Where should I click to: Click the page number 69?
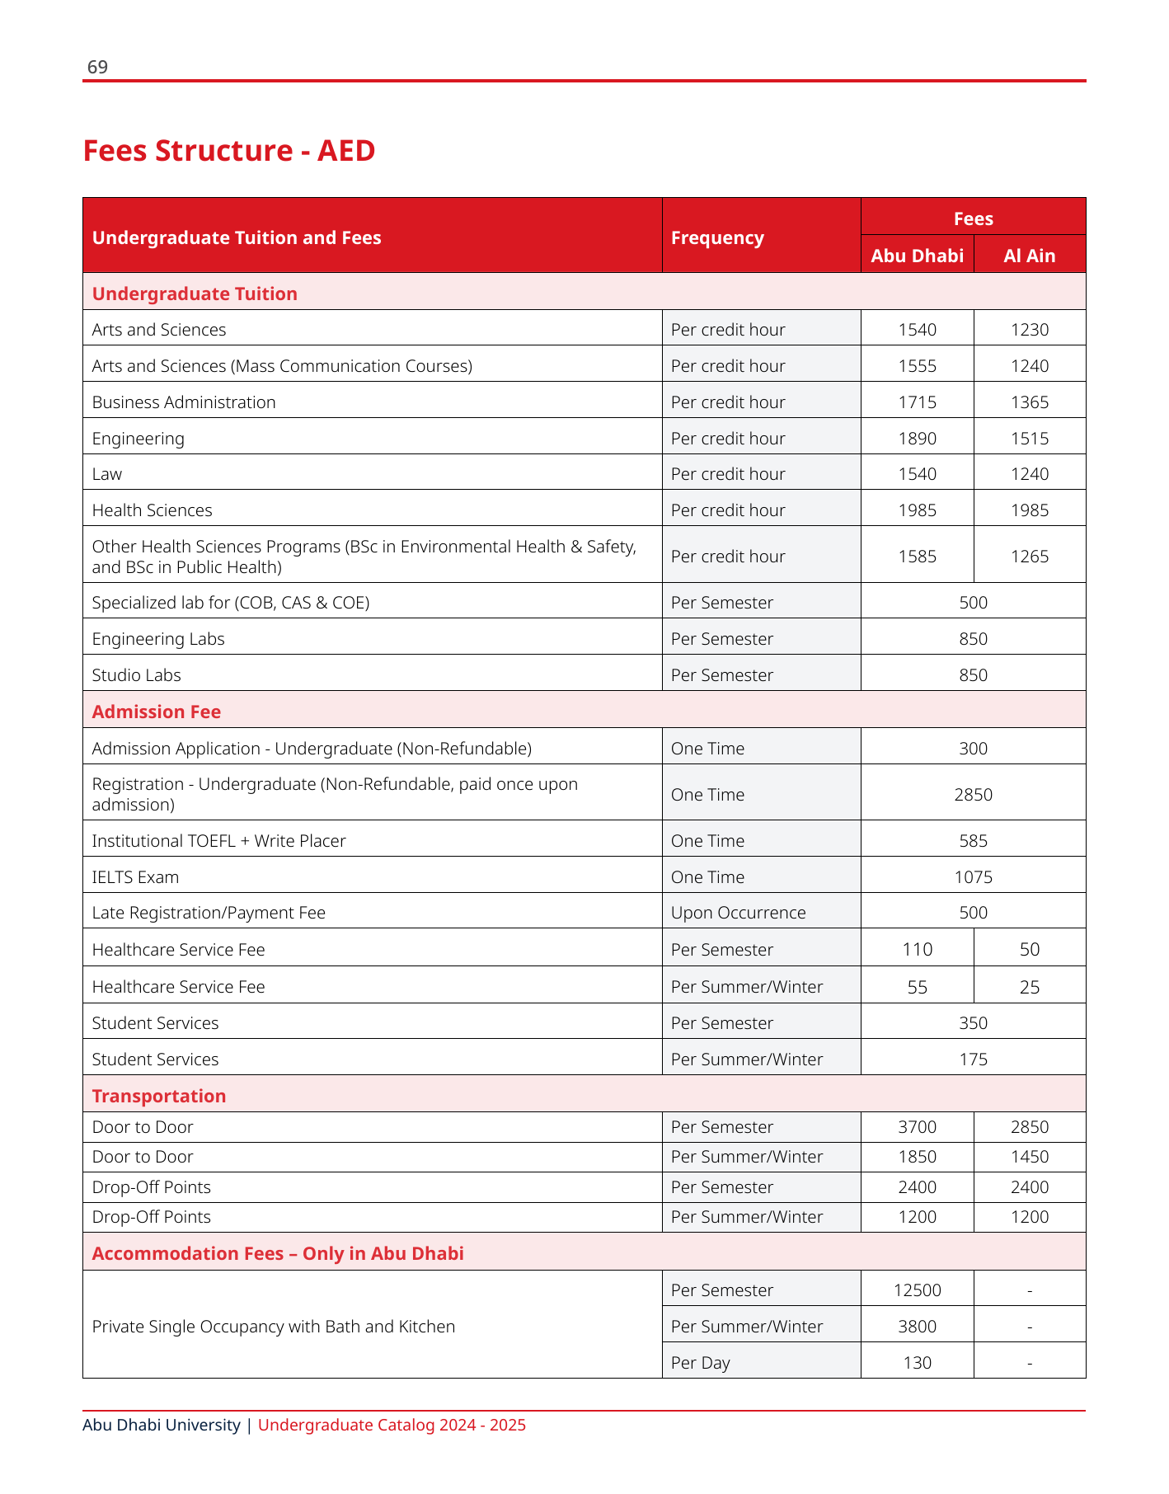tap(97, 67)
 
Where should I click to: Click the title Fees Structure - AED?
tap(229, 151)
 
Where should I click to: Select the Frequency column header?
tap(717, 237)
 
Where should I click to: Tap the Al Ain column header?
tap(1029, 256)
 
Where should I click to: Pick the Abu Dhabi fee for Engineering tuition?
tap(917, 439)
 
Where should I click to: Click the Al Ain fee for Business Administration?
tap(1029, 402)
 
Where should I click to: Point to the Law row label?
tap(107, 474)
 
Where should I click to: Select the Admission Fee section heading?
tap(157, 712)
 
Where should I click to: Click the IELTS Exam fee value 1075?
tap(973, 877)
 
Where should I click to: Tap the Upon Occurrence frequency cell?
tap(738, 913)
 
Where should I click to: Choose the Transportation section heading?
tap(159, 1096)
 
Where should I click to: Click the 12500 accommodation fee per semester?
tap(917, 1290)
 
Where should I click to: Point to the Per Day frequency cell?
tap(700, 1363)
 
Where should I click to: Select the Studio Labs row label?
tap(137, 675)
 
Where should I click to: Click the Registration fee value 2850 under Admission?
tap(973, 795)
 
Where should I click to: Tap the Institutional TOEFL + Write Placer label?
tap(219, 841)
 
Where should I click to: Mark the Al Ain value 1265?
tap(1029, 557)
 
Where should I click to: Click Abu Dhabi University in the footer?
tap(162, 1425)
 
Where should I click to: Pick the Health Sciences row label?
tap(153, 510)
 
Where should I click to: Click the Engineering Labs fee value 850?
tap(973, 639)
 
